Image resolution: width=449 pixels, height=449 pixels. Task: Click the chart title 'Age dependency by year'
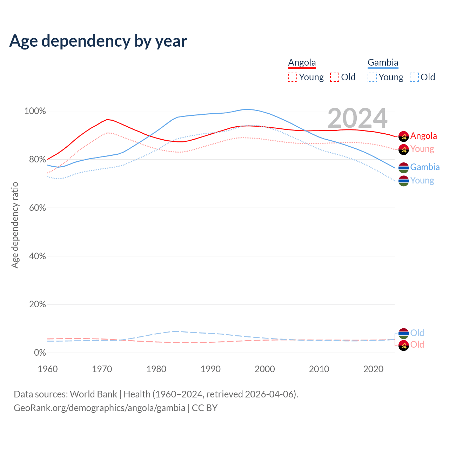point(98,41)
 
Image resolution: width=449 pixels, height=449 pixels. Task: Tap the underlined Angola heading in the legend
point(302,63)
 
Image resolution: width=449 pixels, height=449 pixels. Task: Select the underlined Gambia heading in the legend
point(383,63)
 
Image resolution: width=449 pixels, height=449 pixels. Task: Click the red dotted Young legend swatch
point(292,77)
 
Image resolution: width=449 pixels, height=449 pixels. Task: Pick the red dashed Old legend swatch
point(335,77)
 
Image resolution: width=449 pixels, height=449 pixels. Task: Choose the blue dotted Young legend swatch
point(372,77)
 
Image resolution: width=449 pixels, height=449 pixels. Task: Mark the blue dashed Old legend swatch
point(414,77)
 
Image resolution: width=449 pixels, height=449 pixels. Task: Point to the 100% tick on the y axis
point(35,111)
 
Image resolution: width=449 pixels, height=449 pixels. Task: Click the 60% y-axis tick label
point(37,208)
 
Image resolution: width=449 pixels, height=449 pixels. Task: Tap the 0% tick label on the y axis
point(40,353)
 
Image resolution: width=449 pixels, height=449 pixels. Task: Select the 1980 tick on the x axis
point(156,369)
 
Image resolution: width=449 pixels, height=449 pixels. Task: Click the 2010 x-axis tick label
point(319,369)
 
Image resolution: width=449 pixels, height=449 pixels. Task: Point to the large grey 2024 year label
point(357,118)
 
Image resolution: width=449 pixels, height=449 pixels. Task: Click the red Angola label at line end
point(423,136)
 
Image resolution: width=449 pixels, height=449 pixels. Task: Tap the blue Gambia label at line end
point(425,167)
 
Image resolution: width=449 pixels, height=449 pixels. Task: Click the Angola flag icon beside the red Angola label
point(404,136)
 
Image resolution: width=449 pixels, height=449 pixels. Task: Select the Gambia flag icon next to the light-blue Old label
point(404,333)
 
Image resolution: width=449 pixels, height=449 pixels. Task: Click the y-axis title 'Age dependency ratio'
point(15,225)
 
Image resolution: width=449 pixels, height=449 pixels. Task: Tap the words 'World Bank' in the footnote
point(93,394)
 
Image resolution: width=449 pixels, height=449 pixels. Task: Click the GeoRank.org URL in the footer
point(99,408)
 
